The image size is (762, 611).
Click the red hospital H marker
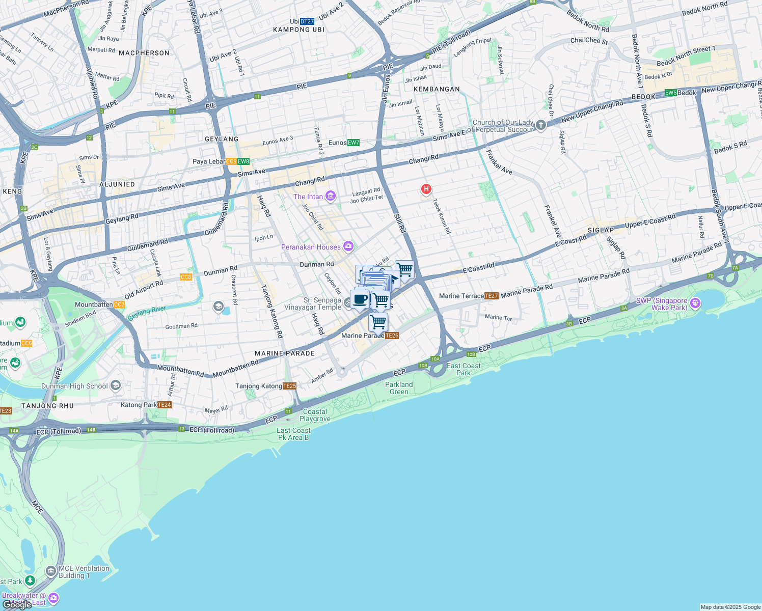click(426, 189)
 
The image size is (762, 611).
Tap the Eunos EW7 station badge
click(353, 143)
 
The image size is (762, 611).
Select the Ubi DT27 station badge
click(307, 21)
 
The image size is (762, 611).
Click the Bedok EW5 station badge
click(671, 93)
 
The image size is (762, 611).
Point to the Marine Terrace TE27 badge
click(492, 296)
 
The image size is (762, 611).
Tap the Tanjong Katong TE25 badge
click(289, 386)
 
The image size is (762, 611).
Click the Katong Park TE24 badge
click(165, 405)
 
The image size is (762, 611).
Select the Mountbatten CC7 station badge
click(119, 304)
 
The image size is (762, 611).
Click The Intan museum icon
click(331, 196)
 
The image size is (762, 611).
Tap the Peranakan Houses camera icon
click(348, 247)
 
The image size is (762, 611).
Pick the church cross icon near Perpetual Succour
click(541, 125)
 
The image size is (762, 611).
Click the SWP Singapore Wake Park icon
click(695, 304)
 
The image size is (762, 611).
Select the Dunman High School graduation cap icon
click(116, 385)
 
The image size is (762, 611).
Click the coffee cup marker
click(360, 299)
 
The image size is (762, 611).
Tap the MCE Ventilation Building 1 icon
click(51, 571)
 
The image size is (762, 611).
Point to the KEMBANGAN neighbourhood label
click(437, 89)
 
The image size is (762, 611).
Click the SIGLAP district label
click(601, 230)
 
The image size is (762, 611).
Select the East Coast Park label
click(464, 369)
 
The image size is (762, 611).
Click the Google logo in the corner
click(17, 604)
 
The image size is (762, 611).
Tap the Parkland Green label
click(399, 388)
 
